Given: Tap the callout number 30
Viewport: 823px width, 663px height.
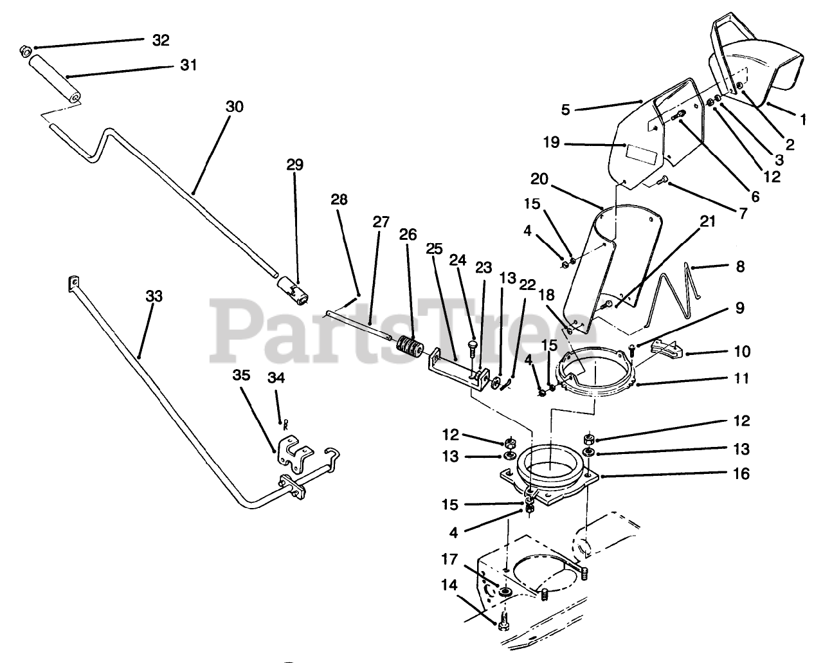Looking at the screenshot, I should pyautogui.click(x=235, y=106).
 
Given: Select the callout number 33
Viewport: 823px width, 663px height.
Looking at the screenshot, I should pyautogui.click(x=154, y=297).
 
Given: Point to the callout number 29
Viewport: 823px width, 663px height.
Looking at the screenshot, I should pyautogui.click(x=294, y=165).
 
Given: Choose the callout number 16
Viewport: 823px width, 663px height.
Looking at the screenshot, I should pyautogui.click(x=741, y=474).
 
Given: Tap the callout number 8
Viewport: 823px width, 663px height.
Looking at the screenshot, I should pyautogui.click(x=740, y=266).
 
